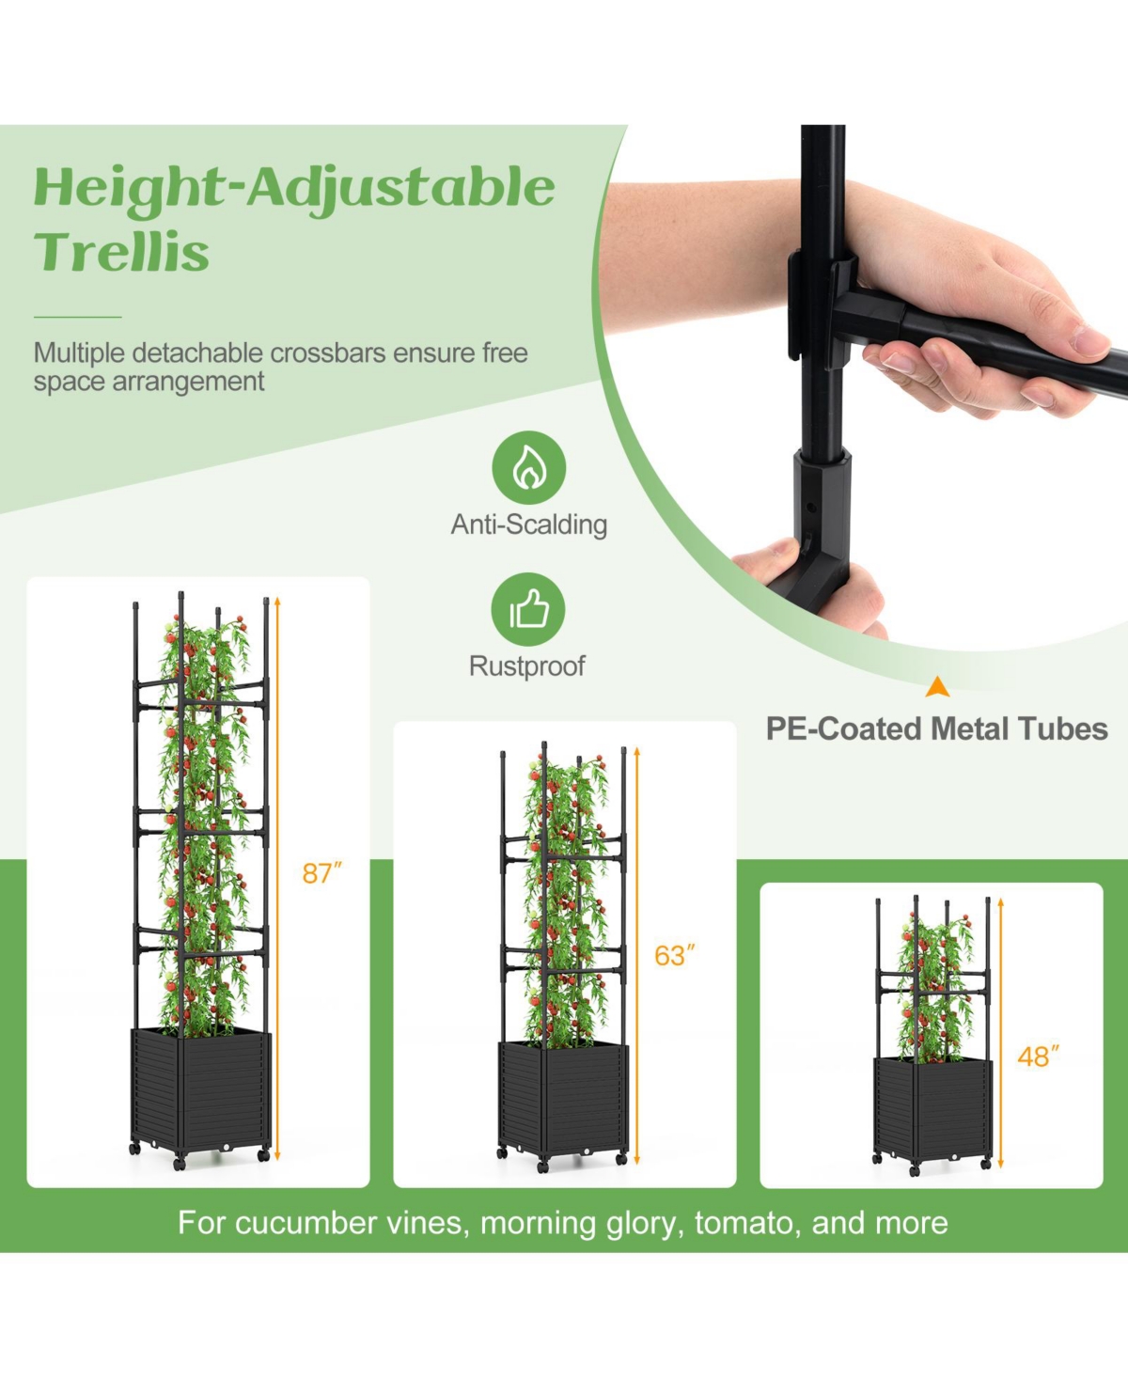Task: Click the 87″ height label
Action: tap(321, 873)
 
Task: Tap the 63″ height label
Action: tap(674, 955)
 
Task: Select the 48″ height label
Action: tap(1038, 1057)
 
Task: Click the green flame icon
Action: tap(528, 467)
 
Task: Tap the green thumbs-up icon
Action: tap(528, 610)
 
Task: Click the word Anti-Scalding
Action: tap(528, 525)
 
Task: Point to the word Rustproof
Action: tap(526, 666)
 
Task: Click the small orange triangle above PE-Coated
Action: tap(937, 687)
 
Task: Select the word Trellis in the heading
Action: tap(121, 252)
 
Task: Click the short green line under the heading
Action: tap(78, 317)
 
